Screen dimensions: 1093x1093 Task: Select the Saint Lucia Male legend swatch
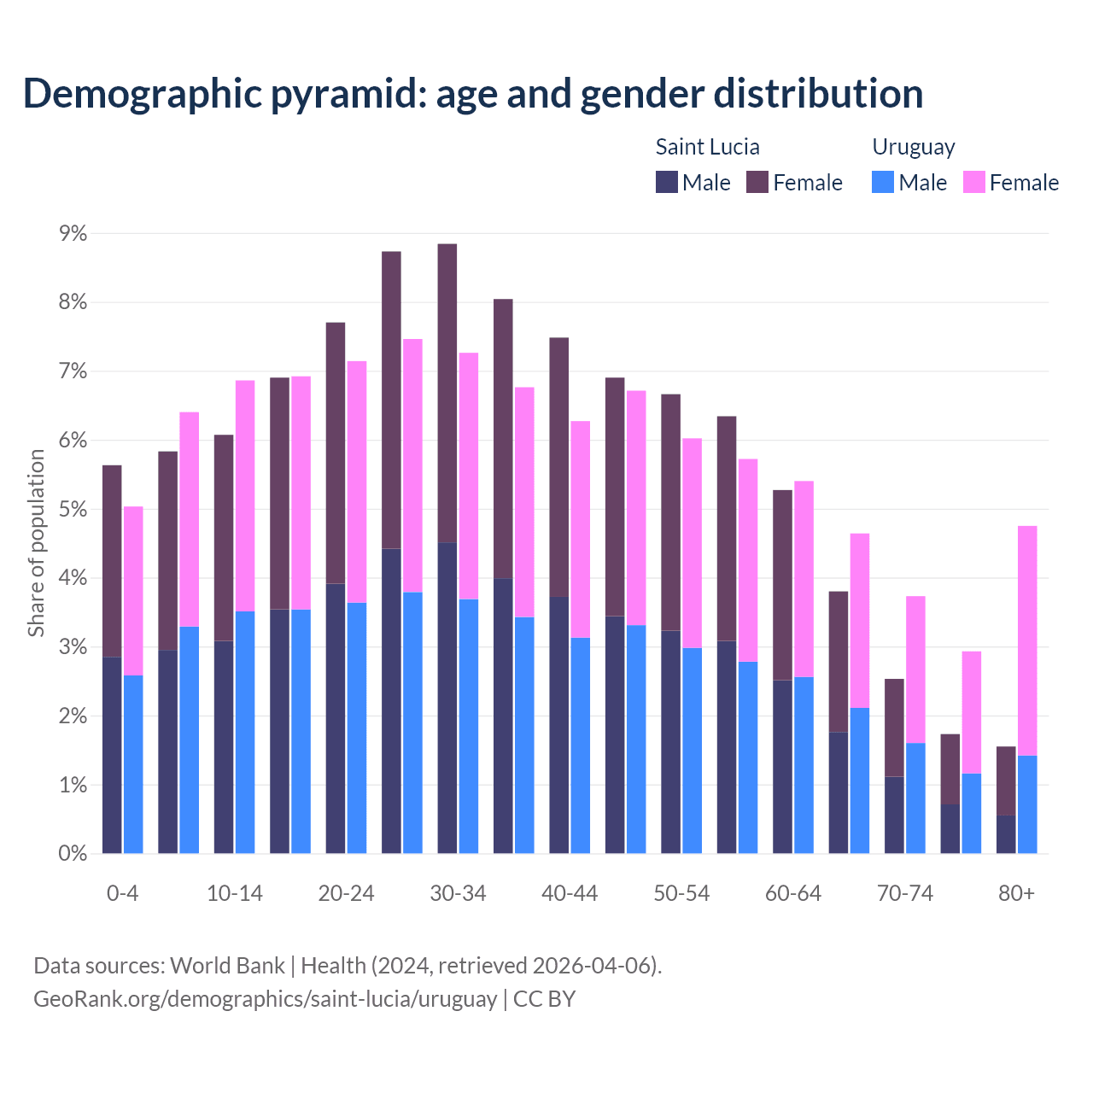click(x=667, y=182)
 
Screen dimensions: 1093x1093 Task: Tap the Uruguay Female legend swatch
click(x=973, y=182)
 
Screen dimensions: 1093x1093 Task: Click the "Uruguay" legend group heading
click(x=913, y=147)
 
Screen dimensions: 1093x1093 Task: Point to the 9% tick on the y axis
click(x=73, y=233)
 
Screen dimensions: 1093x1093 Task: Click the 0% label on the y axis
click(x=73, y=853)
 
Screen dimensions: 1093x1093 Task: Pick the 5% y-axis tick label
click(x=73, y=509)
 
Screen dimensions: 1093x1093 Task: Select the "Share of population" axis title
click(x=37, y=543)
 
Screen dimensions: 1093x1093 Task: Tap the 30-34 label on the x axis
click(x=458, y=893)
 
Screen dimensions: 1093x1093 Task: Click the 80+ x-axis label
click(x=1016, y=893)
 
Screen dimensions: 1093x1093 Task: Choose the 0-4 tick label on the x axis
click(x=122, y=893)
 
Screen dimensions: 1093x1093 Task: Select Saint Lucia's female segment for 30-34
click(x=447, y=393)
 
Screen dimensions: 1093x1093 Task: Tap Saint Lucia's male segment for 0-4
click(x=112, y=755)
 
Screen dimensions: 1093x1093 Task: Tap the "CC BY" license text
click(x=544, y=999)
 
